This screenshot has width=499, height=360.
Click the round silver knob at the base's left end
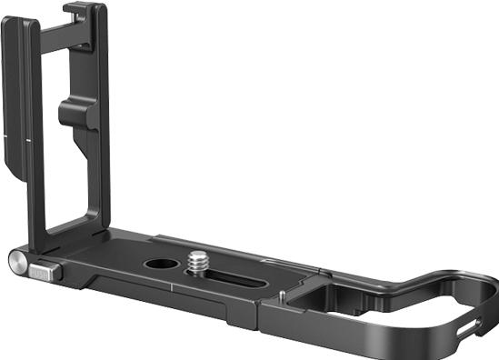pyautogui.click(x=19, y=263)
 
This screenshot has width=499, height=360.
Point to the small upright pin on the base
pyautogui.click(x=284, y=295)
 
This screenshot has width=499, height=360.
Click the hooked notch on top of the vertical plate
pyautogui.click(x=77, y=12)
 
